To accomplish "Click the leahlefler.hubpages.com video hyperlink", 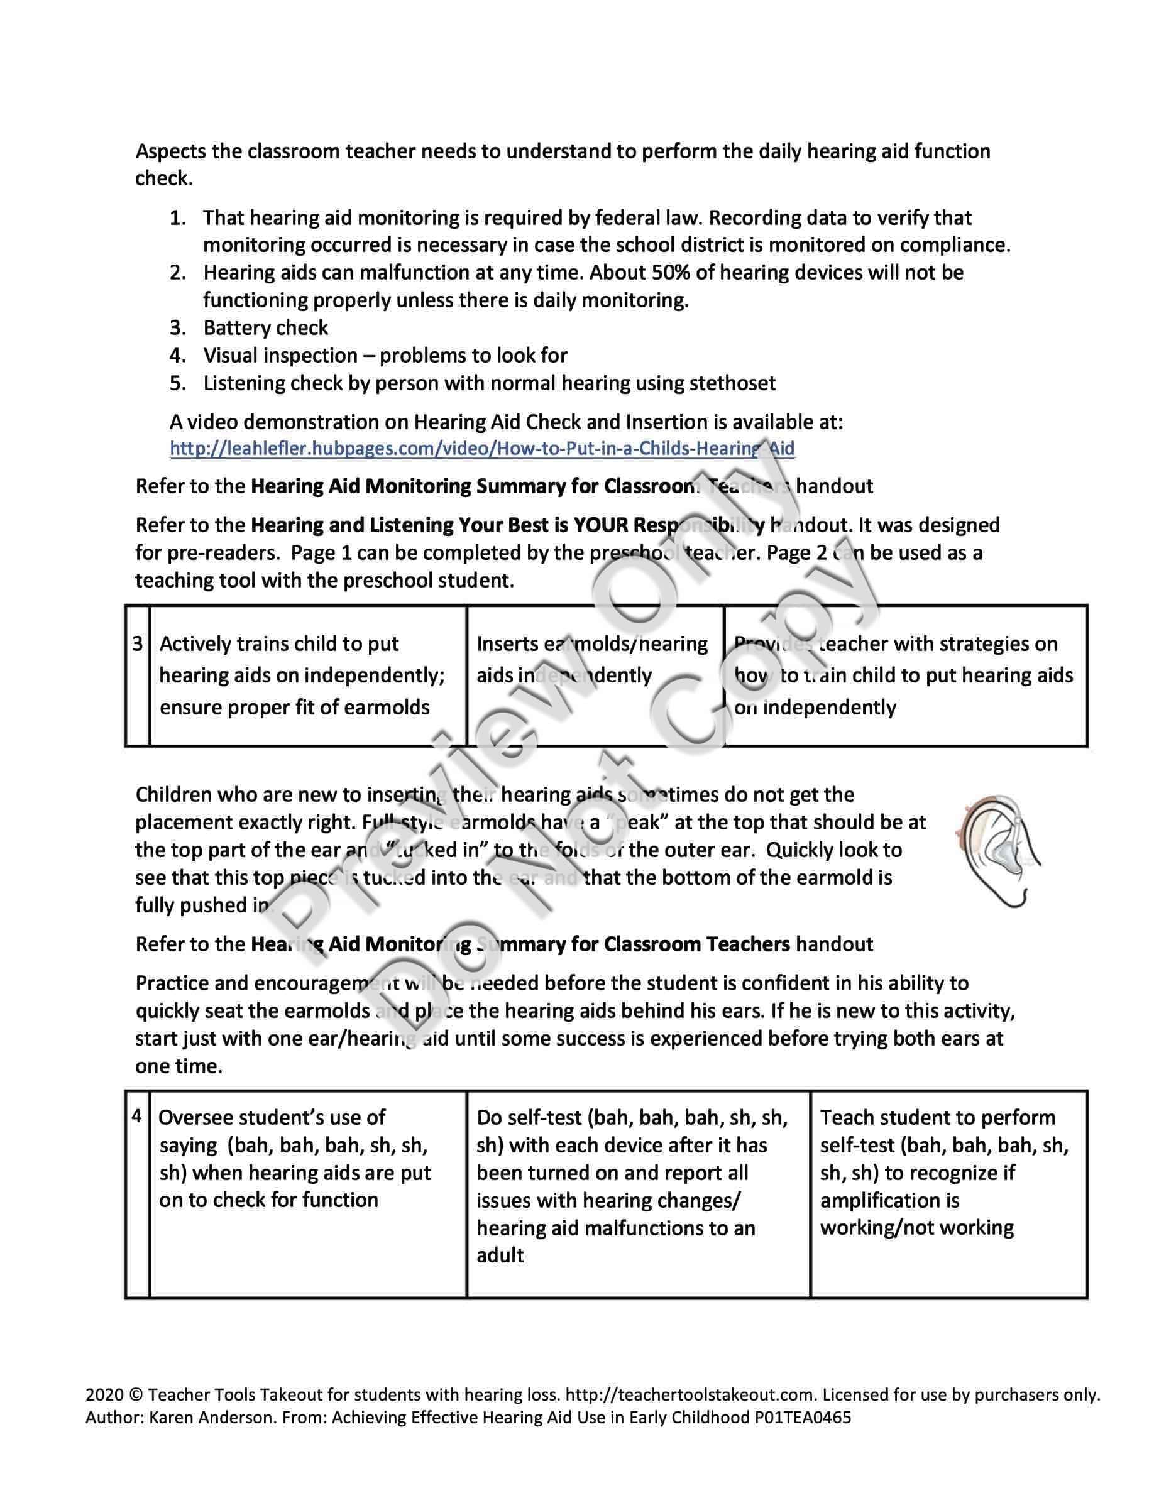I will [x=481, y=449].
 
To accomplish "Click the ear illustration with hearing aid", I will [x=996, y=851].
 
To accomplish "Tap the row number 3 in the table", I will [x=138, y=643].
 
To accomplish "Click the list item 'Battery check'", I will [x=265, y=328].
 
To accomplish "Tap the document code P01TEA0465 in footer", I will [x=803, y=1417].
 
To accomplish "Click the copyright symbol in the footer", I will [x=135, y=1394].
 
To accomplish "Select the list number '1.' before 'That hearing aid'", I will [x=178, y=218].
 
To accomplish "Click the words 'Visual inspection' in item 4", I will [x=280, y=356].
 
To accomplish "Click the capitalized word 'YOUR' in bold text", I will [x=600, y=525].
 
